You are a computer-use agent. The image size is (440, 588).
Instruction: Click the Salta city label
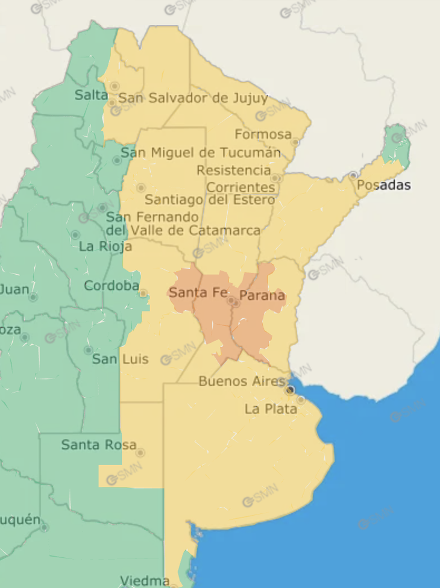tap(92, 95)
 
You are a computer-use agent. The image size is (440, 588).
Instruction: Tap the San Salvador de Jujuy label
tap(193, 98)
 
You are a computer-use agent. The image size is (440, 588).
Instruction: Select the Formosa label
tap(263, 134)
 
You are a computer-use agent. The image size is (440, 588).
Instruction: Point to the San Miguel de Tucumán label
tap(201, 153)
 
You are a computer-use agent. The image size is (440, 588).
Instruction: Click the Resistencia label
tap(234, 171)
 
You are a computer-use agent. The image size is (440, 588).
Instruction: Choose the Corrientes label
tap(240, 187)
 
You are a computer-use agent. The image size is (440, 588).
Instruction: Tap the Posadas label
tap(383, 185)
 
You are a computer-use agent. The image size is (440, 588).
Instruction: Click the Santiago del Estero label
tap(210, 199)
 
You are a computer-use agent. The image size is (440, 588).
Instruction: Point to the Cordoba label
tap(112, 286)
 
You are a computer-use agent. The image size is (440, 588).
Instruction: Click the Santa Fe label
tap(197, 293)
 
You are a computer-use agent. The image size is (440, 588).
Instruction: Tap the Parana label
tap(262, 296)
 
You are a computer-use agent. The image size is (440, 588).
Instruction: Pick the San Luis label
tap(120, 360)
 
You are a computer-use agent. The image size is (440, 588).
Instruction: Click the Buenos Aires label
tap(241, 381)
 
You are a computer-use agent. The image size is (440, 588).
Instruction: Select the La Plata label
tap(271, 410)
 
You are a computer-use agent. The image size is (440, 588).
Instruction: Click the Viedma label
tap(144, 581)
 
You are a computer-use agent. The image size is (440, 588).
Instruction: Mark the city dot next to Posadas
tap(353, 175)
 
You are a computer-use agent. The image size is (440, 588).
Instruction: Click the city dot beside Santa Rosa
tap(140, 452)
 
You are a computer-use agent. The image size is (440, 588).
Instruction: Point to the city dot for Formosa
tap(295, 142)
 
